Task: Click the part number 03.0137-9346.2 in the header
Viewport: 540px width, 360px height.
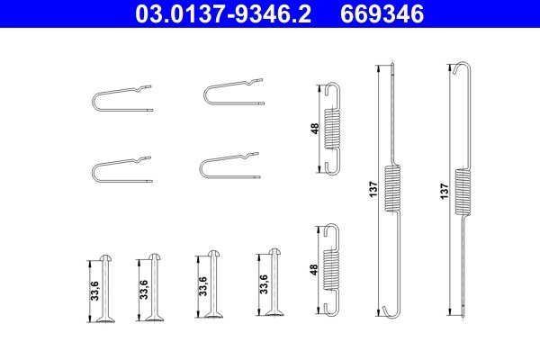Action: tap(223, 14)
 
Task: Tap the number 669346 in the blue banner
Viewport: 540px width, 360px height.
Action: tap(382, 14)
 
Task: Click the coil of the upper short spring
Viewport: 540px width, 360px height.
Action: tap(332, 129)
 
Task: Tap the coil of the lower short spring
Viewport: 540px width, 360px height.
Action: tap(331, 269)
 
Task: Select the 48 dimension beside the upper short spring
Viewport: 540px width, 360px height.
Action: tap(314, 129)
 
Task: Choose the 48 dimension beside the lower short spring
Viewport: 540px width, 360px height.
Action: tap(314, 269)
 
